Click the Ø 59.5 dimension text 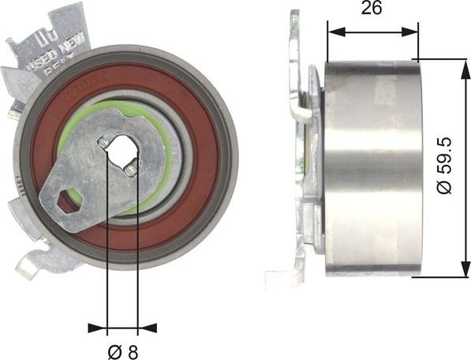445,167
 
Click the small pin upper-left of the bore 103,141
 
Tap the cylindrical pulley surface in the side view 371,167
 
